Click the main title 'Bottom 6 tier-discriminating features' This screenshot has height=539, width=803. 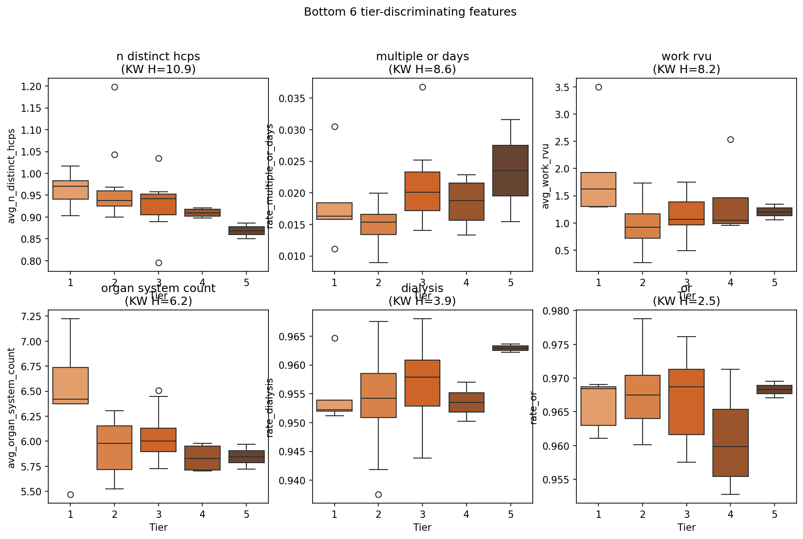410,12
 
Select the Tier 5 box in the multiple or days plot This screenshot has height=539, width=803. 510,171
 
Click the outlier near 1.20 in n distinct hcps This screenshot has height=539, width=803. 114,87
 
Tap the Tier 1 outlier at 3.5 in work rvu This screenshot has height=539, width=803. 598,87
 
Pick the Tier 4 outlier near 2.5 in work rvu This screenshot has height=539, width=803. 730,140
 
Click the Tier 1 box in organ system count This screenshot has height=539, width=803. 70,385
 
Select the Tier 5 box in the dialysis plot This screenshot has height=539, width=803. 510,348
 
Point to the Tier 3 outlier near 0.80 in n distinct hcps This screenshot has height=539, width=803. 159,263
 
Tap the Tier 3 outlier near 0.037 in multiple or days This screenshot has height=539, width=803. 422,87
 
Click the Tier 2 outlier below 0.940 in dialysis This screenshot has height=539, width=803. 378,495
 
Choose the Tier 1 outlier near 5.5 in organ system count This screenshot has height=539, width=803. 70,495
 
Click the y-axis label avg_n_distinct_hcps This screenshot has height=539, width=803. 12,176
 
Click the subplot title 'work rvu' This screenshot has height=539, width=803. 686,57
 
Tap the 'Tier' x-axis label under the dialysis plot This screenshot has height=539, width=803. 422,528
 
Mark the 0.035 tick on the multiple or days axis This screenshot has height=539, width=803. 294,98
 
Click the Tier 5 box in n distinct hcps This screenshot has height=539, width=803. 246,231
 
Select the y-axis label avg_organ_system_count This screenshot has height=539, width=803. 12,408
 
